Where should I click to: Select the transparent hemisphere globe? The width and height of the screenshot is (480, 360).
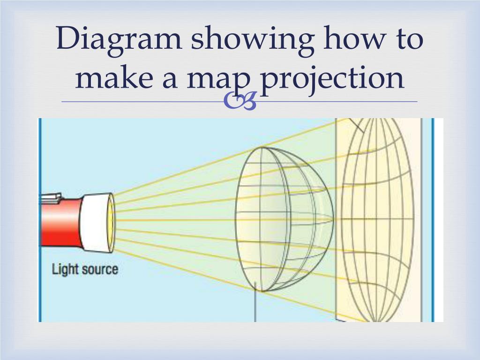pyautogui.click(x=281, y=218)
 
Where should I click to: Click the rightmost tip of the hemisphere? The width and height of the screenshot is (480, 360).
pyautogui.click(x=333, y=218)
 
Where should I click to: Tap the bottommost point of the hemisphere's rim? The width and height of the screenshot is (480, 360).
pyautogui.click(x=261, y=292)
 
